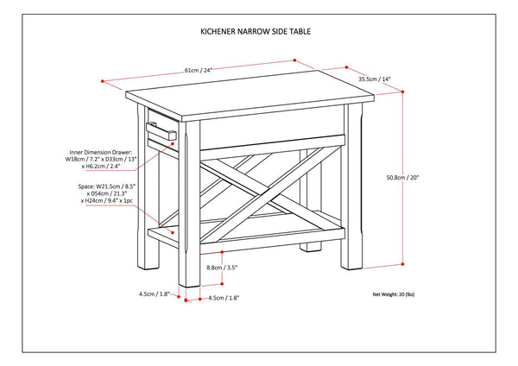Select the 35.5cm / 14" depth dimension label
coord(374,79)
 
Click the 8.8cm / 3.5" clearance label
coord(223,268)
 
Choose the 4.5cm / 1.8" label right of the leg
coord(221,298)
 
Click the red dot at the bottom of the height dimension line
coord(404,263)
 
